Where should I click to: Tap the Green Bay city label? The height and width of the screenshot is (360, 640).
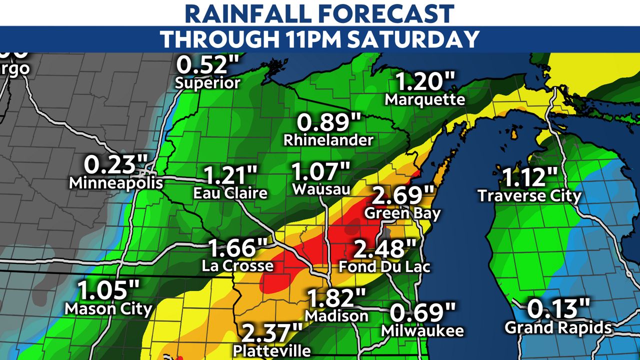(x=402, y=213)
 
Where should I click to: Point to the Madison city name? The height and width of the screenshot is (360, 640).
(x=336, y=316)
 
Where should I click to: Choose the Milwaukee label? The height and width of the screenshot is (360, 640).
(x=422, y=330)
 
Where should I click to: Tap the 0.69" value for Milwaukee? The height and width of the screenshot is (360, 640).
(x=422, y=313)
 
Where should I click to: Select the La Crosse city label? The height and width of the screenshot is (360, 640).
(x=237, y=266)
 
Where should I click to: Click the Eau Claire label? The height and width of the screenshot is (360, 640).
(x=230, y=193)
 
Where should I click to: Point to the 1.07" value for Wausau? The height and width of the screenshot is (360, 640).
(x=321, y=172)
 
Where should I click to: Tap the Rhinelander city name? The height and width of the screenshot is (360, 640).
(x=328, y=140)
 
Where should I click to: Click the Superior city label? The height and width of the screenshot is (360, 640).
(x=208, y=82)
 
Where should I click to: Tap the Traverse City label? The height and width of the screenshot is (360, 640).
(x=529, y=195)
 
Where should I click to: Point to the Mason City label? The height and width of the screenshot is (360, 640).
(x=108, y=309)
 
